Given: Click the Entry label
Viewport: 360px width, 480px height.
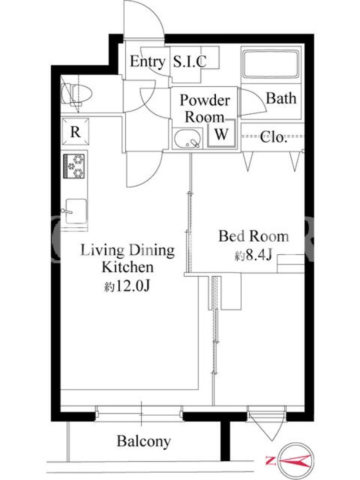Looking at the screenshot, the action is tap(147, 62).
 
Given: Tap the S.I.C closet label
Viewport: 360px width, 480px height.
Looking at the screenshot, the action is tap(190, 61).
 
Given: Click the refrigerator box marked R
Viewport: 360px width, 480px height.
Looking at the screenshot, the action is tap(76, 131).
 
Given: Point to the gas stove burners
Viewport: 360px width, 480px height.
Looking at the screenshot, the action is tap(74, 166).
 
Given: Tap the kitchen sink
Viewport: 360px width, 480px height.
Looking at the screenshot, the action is tap(75, 212).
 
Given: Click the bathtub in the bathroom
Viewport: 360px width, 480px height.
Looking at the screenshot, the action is tap(271, 64).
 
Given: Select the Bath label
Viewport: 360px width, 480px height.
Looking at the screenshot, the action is tap(281, 98).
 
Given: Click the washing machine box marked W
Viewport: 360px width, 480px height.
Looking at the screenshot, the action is tap(221, 133).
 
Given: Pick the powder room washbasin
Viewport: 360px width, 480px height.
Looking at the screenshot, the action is tap(188, 139).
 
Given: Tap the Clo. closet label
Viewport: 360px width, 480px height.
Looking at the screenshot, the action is tap(274, 137).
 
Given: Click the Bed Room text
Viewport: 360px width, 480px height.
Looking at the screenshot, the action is tap(253, 236).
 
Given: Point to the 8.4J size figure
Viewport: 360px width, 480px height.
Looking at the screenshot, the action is tap(259, 255).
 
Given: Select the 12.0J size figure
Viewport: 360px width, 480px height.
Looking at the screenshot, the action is tap(132, 286).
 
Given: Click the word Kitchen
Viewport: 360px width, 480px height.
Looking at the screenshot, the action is tap(128, 267).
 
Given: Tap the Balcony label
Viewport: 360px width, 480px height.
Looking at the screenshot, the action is tap(143, 442).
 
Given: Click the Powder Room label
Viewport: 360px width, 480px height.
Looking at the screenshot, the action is tap(205, 109).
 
